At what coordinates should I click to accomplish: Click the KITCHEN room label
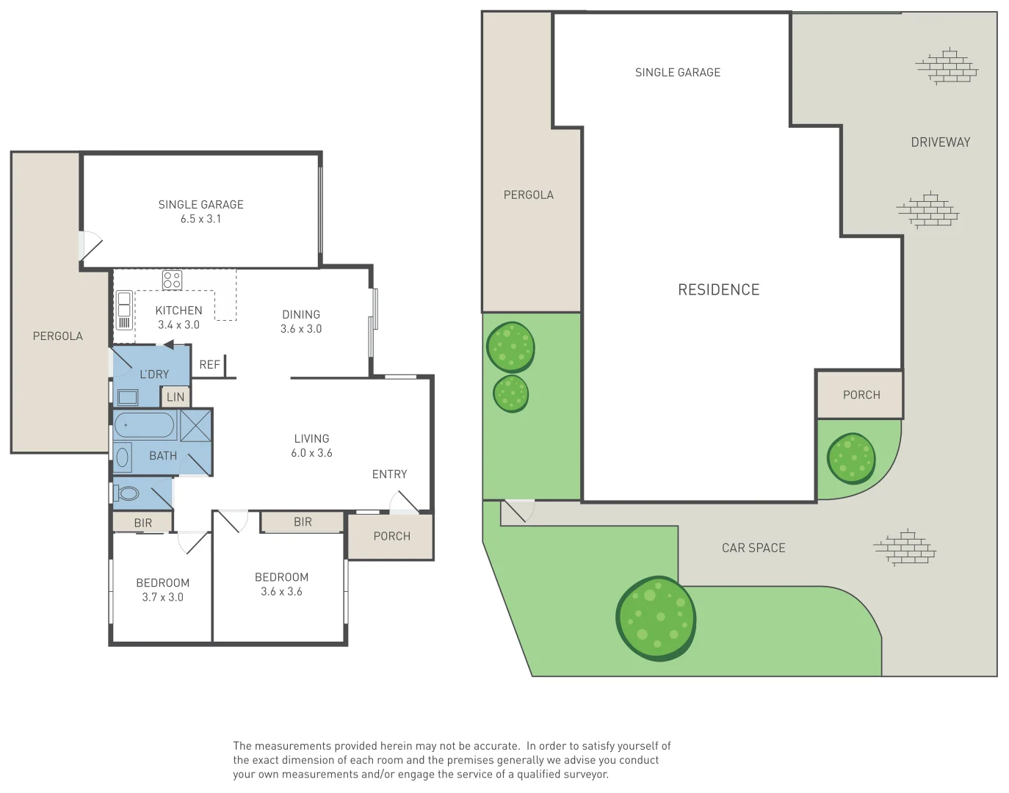[178, 311]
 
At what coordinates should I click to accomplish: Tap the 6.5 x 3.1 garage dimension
[200, 219]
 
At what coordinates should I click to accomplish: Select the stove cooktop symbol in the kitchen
[172, 280]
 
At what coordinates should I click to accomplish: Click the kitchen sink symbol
[124, 310]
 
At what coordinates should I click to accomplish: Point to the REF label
[209, 365]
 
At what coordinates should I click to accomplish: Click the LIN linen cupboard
[176, 397]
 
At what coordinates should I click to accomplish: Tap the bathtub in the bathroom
[145, 425]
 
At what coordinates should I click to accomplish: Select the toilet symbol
[127, 493]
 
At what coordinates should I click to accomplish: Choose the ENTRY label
[389, 474]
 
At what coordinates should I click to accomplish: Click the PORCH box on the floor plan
[391, 537]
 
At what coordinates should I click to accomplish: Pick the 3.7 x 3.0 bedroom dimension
[162, 598]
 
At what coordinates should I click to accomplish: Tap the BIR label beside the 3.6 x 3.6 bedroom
[303, 522]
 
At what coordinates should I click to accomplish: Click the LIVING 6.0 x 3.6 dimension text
[311, 453]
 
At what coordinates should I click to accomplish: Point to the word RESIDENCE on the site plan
[718, 290]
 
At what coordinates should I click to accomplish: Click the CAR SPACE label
[753, 548]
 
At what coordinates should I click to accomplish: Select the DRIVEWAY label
[940, 142]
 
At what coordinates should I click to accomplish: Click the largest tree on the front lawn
[656, 618]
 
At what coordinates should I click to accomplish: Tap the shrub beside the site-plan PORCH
[851, 458]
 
